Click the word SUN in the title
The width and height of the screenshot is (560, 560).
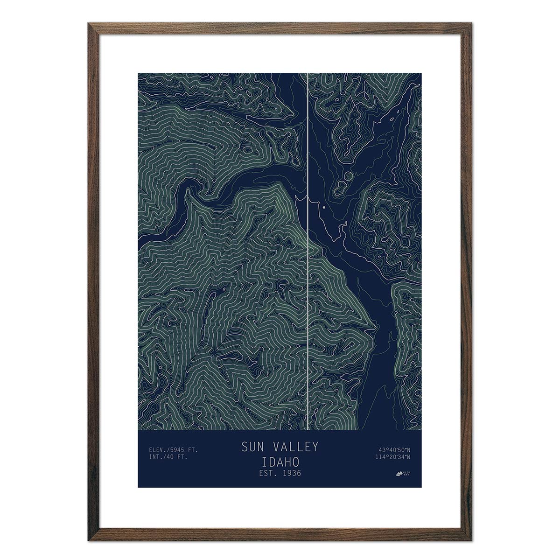pos(252,447)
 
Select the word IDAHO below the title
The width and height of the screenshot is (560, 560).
pos(280,462)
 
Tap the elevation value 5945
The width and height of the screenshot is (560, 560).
pos(179,450)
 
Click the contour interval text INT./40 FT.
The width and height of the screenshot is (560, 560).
pos(168,457)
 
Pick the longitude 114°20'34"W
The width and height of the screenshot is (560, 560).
pos(392,457)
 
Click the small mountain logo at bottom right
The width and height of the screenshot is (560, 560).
pos(399,474)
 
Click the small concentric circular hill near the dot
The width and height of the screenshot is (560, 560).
pos(348,176)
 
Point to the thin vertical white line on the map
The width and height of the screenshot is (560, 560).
pos(308,280)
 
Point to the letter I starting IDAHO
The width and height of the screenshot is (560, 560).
pos(265,462)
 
